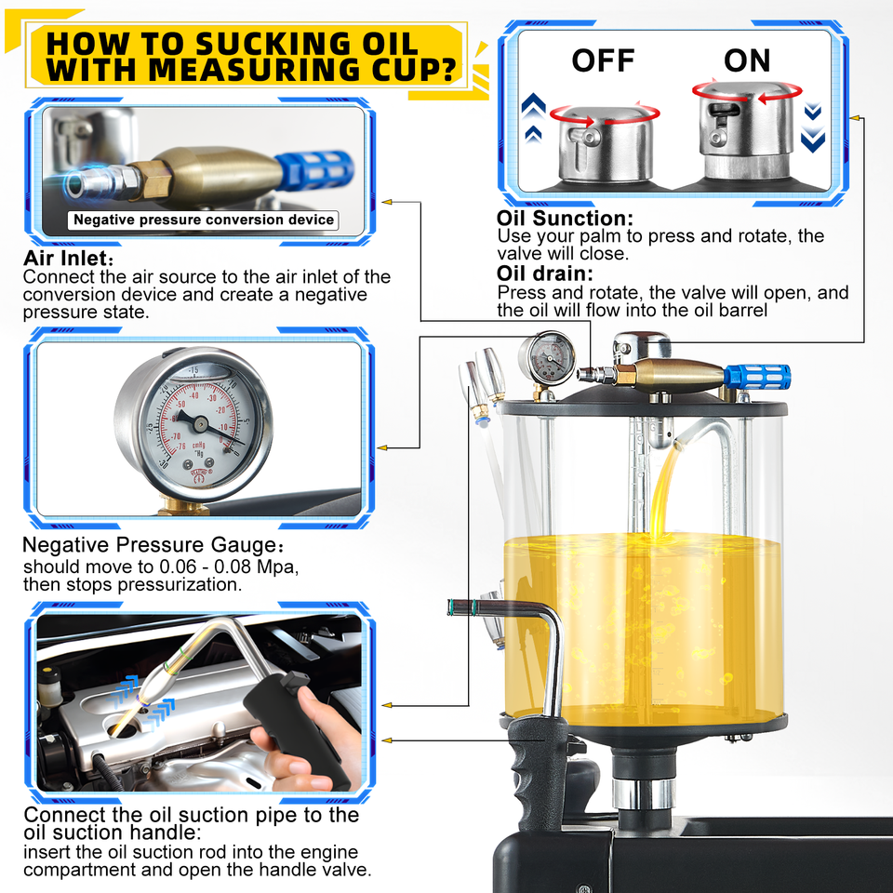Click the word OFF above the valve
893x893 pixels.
[603, 60]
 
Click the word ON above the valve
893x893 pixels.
[747, 60]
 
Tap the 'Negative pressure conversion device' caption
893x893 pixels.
[204, 220]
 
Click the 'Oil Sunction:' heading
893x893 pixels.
[565, 218]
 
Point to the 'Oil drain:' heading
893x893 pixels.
[544, 273]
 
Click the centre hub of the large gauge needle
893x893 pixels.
[201, 423]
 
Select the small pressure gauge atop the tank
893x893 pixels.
[547, 357]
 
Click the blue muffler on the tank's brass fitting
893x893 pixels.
[757, 377]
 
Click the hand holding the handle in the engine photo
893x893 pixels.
[308, 740]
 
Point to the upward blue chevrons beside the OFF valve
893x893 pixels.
[533, 117]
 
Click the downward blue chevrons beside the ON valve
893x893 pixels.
[813, 127]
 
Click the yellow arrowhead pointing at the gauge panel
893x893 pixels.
[382, 448]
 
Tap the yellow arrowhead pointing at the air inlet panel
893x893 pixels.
[387, 202]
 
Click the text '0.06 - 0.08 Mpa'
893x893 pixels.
[228, 566]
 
